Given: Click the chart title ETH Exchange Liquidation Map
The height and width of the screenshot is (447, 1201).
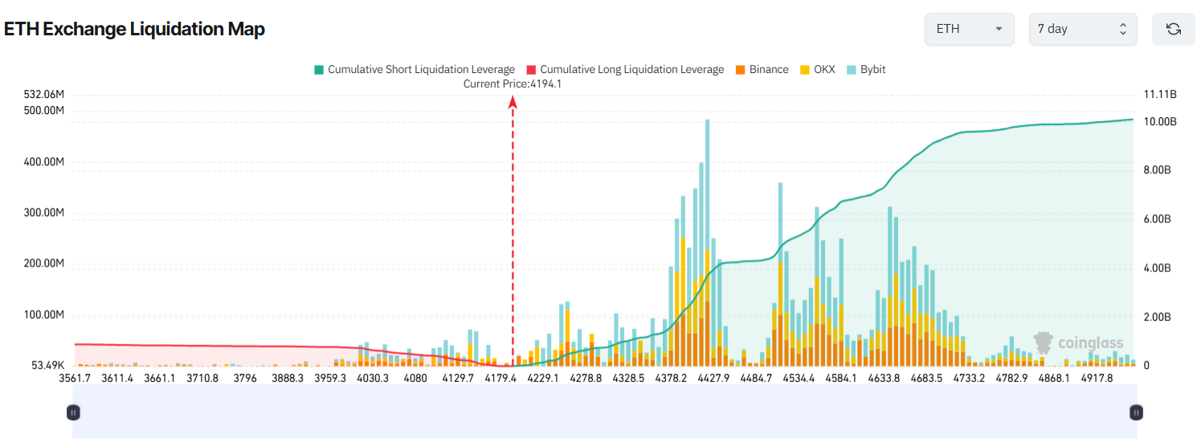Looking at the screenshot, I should (134, 29).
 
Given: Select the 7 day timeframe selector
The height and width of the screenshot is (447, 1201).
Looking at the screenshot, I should (1082, 29).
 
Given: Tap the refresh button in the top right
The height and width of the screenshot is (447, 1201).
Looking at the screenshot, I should (1173, 29).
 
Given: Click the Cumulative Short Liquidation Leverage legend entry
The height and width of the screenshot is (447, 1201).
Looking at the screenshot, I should (414, 70).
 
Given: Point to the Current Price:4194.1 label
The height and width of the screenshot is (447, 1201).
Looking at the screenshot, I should (512, 83).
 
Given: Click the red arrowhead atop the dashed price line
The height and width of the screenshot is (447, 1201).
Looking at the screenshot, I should (513, 101).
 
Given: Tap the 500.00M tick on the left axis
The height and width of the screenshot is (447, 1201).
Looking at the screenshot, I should (45, 111).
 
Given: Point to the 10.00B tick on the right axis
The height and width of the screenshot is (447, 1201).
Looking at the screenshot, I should (1159, 122).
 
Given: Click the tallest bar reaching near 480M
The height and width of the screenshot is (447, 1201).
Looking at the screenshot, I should (707, 241).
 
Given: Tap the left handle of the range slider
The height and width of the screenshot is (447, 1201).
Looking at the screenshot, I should (73, 412).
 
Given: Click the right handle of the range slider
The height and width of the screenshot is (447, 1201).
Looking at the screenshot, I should (1136, 412).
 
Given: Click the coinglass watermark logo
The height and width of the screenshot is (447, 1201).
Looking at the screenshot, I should (1079, 343).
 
